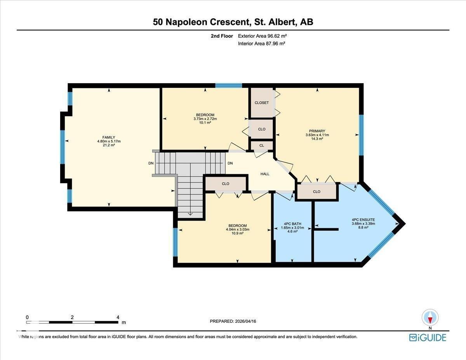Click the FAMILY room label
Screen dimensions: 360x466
[109, 137]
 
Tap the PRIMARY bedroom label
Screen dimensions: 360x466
[317, 131]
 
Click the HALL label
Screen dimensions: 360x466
[264, 174]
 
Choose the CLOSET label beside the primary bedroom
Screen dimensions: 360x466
[261, 103]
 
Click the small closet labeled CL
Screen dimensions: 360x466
[261, 146]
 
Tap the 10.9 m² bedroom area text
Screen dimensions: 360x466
[237, 233]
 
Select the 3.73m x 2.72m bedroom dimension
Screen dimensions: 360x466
[205, 119]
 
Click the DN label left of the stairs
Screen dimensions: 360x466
[151, 163]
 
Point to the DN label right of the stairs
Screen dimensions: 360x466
[230, 163]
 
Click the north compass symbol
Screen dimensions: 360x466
[430, 317]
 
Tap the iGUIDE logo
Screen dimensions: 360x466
[428, 337]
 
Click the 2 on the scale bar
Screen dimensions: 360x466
[72, 317]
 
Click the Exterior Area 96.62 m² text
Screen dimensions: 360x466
[262, 36]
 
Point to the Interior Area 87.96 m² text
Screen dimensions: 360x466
[261, 43]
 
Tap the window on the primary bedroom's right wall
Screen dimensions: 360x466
[361, 135]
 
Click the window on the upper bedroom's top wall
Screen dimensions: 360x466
[229, 85]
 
